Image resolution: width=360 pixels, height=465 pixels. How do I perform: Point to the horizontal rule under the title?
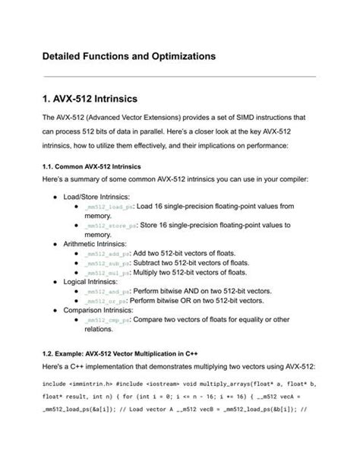click(x=179, y=76)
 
